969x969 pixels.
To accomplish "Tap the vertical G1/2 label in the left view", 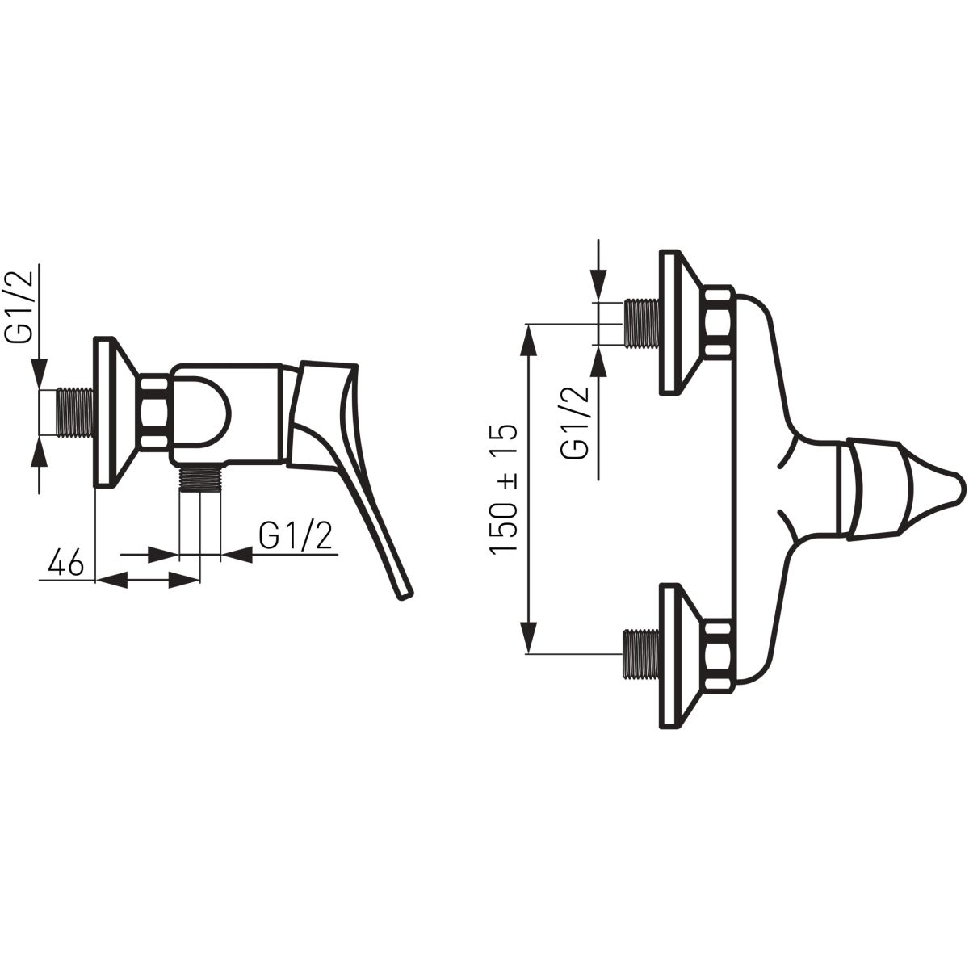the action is (20, 307).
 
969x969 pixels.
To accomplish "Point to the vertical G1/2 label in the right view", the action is (575, 422).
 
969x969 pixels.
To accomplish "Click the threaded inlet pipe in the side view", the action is (76, 413).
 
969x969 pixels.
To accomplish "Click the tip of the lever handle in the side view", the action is (405, 595).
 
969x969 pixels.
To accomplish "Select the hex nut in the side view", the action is (153, 411).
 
